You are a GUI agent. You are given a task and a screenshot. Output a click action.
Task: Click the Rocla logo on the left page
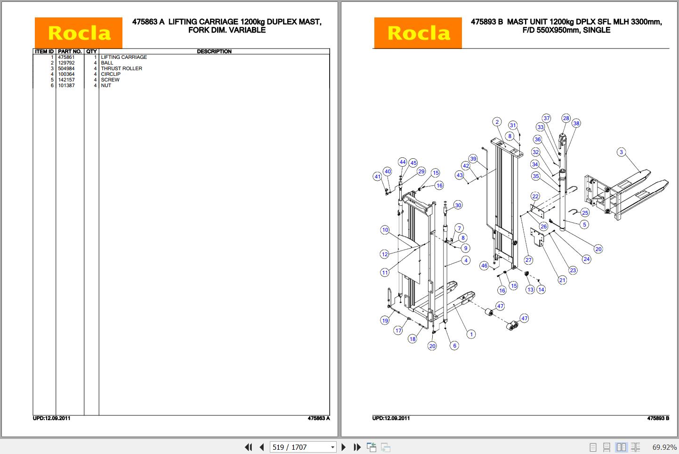point(79,33)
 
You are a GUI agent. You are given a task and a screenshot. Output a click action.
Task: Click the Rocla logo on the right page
point(418,33)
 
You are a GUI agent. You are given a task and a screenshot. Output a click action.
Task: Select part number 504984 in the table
point(66,68)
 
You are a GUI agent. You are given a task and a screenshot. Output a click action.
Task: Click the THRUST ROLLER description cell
point(121,68)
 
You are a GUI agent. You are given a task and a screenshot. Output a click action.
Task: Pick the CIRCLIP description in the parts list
point(111,74)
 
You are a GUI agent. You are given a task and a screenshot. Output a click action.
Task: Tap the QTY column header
point(91,51)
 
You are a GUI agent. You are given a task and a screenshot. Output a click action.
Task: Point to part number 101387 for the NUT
point(66,85)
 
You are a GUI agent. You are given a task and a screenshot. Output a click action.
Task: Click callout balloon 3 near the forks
point(621,152)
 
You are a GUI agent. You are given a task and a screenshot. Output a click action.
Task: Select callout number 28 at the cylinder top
point(566,118)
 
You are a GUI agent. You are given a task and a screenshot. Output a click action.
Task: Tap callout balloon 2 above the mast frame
point(497,122)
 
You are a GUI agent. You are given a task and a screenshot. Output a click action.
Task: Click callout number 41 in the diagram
point(377,177)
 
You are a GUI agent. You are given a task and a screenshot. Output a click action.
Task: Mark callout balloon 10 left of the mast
point(385,230)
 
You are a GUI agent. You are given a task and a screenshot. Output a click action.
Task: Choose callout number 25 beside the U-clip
point(585,213)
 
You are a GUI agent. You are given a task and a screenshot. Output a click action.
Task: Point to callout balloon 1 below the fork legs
point(471,334)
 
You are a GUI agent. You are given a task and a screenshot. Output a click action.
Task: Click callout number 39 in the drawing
point(473,159)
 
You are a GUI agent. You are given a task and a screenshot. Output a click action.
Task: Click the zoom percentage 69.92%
point(664,447)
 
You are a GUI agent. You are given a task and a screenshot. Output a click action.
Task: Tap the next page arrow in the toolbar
point(344,447)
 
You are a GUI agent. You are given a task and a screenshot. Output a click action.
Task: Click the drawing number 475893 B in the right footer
point(658,418)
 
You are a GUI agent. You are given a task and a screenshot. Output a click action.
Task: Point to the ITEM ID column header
point(44,51)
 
